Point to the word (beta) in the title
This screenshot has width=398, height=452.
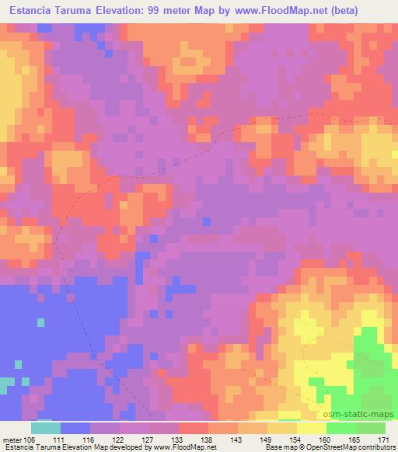pos(375,10)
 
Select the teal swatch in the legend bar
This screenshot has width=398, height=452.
pos(45,427)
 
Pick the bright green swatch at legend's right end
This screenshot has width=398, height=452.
pos(370,427)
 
